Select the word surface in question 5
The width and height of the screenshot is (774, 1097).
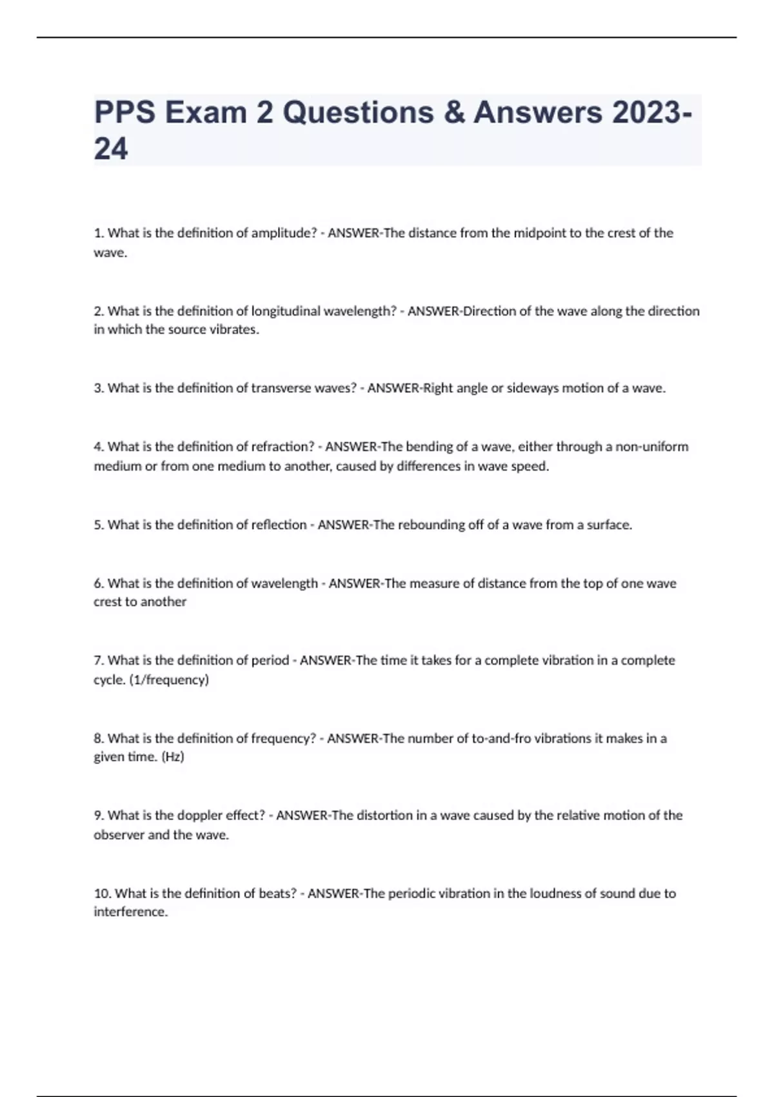[609, 525]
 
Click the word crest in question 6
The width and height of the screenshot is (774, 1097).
[108, 602]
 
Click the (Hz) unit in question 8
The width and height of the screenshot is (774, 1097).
[173, 757]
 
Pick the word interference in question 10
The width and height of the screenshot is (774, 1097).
[130, 912]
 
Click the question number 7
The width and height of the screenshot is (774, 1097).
[99, 660]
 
